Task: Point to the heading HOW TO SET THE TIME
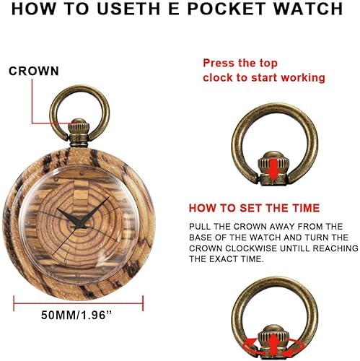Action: pos(254,208)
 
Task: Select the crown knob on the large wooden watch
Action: pos(78,131)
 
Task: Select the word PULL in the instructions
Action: pos(202,227)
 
